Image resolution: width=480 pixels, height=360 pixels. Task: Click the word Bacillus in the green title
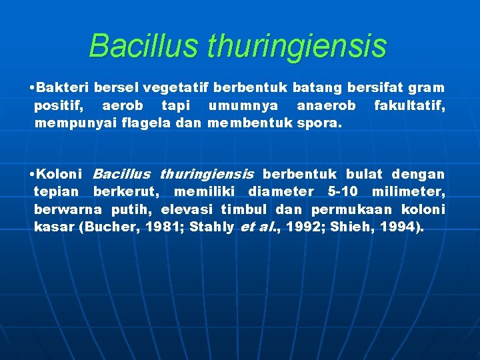(143, 46)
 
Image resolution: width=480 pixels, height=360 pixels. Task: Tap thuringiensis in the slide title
(297, 46)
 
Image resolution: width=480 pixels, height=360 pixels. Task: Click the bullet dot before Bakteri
(33, 88)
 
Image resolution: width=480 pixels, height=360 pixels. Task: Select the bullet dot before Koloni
(33, 175)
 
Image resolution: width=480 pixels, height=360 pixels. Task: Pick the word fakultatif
(409, 105)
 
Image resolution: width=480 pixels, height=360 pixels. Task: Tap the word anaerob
(325, 105)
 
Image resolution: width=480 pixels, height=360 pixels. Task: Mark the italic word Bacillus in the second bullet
(121, 175)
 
